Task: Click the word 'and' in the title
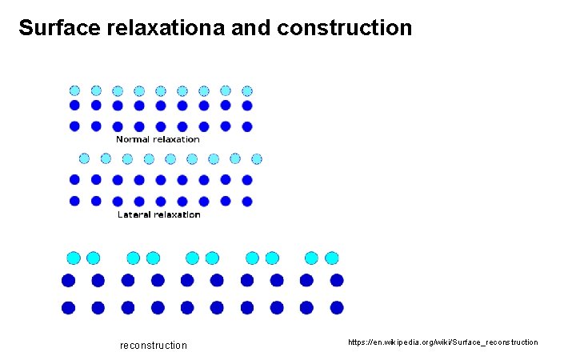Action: [x=252, y=29]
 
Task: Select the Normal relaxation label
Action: [x=158, y=139]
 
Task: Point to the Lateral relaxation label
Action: [x=158, y=214]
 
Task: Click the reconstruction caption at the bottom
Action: [x=153, y=346]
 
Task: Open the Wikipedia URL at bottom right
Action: [x=443, y=342]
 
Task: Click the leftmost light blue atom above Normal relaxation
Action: [x=74, y=90]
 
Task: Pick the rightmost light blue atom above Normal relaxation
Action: [x=247, y=90]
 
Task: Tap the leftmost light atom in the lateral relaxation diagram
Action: [x=84, y=158]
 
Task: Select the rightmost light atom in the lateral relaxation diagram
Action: [x=257, y=158]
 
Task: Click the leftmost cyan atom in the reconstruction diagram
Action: [x=74, y=258]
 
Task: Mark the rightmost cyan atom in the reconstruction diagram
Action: [x=332, y=258]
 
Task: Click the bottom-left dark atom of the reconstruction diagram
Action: [x=68, y=307]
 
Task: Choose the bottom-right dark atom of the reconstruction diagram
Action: [x=337, y=307]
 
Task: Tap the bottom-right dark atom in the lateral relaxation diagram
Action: [x=247, y=201]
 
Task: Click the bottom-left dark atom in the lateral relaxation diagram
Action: [x=74, y=201]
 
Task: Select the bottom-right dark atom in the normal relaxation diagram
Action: [x=247, y=126]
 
